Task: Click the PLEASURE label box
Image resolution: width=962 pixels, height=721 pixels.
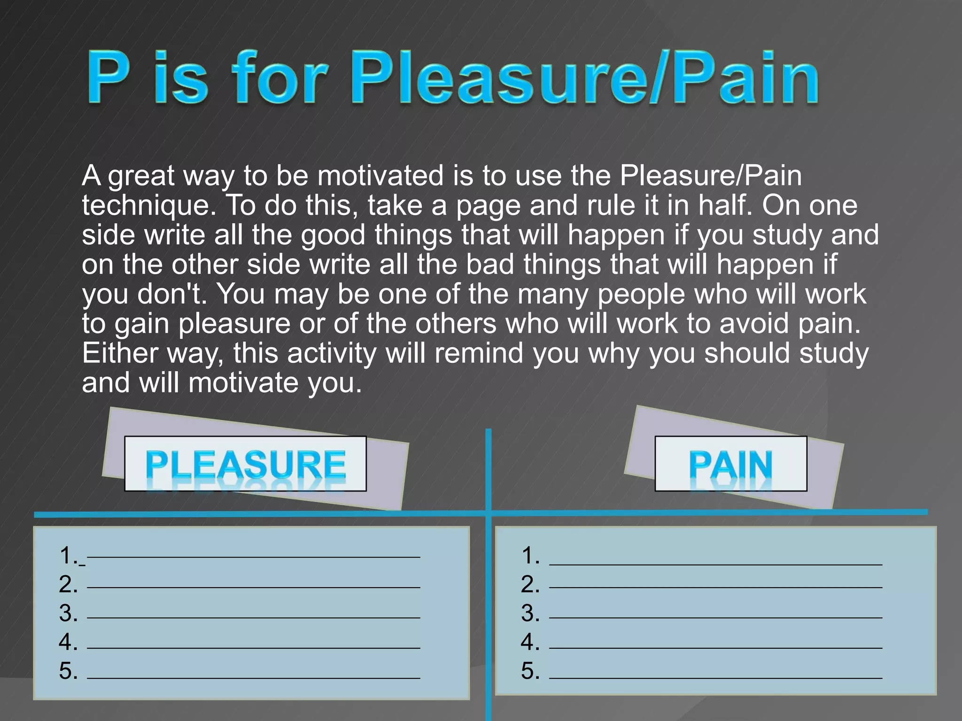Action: [x=245, y=464]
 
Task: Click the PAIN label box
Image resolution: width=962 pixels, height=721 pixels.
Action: [x=730, y=464]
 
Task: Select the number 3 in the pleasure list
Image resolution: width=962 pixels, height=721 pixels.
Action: [x=68, y=613]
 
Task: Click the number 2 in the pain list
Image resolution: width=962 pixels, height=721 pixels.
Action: [x=529, y=584]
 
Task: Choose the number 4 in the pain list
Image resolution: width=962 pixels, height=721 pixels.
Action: [x=529, y=642]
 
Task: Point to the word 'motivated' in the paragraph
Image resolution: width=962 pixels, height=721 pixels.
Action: [x=380, y=176]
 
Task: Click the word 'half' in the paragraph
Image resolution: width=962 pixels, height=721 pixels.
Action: [x=724, y=206]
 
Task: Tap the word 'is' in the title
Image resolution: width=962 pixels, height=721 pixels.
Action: [x=181, y=77]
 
